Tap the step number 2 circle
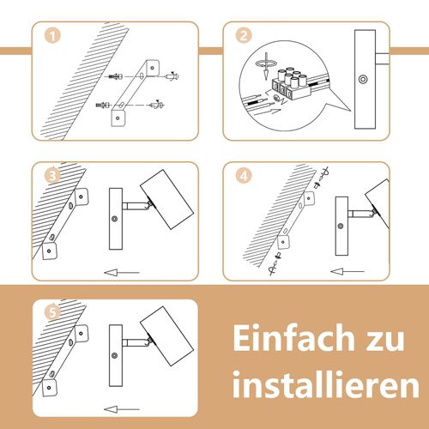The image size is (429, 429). point(244,36)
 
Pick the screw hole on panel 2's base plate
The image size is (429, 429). point(363,79)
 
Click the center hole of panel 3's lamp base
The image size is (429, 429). point(114,219)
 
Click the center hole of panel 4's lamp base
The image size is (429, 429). point(345,225)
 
